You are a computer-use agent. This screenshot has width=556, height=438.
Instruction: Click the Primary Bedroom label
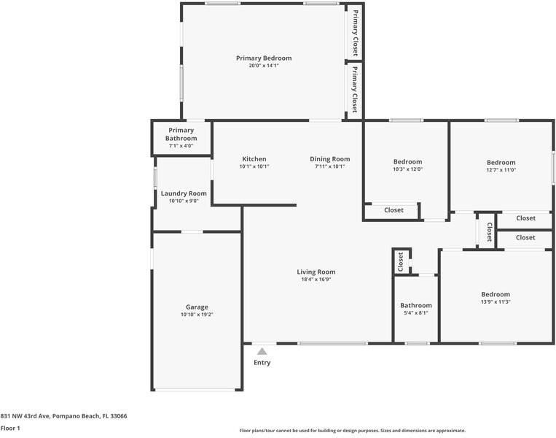[x=263, y=58]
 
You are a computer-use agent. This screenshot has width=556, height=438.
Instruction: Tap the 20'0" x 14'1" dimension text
[x=263, y=66]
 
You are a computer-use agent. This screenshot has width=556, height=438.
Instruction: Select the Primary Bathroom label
[x=181, y=134]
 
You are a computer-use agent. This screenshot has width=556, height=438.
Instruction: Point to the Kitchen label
[x=254, y=159]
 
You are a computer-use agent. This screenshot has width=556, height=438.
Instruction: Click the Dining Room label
[x=329, y=159]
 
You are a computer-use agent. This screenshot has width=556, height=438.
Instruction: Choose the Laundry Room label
[x=179, y=193]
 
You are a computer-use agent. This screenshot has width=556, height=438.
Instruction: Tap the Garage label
[x=196, y=307]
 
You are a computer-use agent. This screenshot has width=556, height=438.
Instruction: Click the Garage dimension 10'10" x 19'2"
[x=196, y=315]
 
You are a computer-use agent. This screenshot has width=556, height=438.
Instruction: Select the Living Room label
[x=316, y=272]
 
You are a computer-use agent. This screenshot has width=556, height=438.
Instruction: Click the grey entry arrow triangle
[x=262, y=352]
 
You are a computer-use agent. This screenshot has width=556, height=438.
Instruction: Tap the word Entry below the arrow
[x=262, y=363]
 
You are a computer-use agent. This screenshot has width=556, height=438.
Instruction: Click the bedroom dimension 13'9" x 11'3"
[x=495, y=301]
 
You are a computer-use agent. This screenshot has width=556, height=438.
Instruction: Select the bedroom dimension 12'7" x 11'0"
[x=501, y=170]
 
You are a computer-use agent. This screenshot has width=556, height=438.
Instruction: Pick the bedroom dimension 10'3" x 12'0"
[x=407, y=169]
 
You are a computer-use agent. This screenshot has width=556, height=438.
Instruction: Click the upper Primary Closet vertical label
[x=355, y=33]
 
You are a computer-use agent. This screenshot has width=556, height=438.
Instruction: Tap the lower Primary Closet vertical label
[x=355, y=89]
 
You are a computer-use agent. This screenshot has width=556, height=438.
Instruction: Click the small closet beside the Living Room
[x=400, y=261]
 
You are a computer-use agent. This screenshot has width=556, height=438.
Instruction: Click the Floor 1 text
[x=10, y=429]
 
